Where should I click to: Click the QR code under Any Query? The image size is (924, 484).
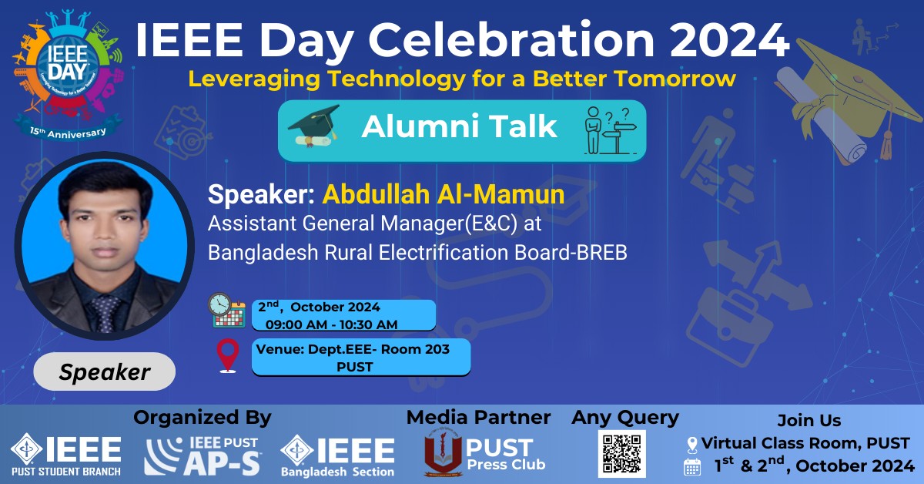tap(622, 453)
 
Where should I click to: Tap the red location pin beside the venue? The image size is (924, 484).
tap(228, 356)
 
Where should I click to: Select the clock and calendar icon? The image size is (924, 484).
tap(226, 311)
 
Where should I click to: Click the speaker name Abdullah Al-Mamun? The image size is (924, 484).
tap(444, 194)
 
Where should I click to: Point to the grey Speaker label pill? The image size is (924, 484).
tap(105, 371)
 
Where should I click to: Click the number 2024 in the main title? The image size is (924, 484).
tap(729, 39)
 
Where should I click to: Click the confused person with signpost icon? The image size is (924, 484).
tap(611, 130)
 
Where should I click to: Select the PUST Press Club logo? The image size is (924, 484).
tap(484, 456)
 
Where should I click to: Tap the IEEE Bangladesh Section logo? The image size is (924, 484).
tap(337, 456)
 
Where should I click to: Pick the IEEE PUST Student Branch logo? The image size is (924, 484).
tap(66, 455)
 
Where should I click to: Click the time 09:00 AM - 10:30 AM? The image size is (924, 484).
tap(331, 324)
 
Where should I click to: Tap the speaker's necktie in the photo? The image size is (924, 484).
tap(105, 313)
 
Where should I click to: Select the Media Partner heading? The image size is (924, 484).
tap(478, 418)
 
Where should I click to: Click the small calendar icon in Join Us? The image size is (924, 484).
tap(692, 466)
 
